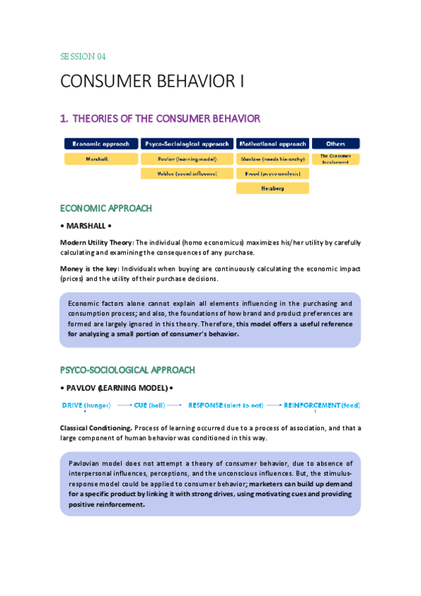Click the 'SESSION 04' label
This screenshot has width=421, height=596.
83,56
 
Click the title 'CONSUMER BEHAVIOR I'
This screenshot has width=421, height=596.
153,82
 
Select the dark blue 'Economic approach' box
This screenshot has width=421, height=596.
101,143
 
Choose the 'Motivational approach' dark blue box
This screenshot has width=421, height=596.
272,143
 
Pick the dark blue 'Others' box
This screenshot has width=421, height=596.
335,143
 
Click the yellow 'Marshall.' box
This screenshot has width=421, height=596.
101,159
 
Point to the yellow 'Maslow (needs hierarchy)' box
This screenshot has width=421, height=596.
272,159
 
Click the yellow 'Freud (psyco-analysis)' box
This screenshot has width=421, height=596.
272,173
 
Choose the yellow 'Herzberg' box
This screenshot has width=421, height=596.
272,188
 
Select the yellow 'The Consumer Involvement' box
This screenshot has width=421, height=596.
335,159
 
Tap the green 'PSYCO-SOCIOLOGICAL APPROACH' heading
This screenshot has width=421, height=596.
127,370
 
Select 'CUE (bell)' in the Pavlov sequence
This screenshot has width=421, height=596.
150,406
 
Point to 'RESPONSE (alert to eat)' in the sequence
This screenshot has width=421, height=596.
226,406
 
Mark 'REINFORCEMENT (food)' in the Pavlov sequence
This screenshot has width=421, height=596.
322,406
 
